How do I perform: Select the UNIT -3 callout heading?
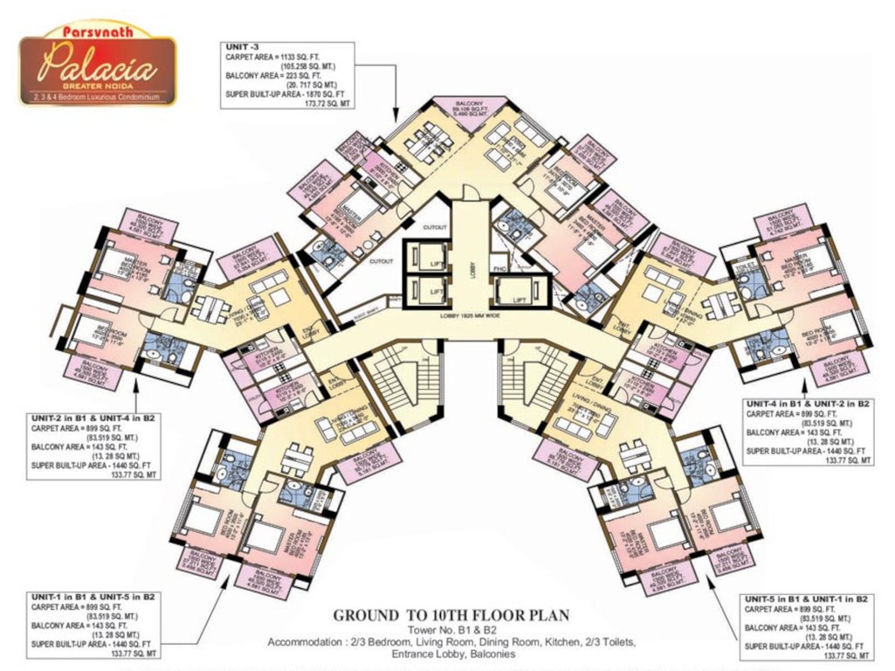242,46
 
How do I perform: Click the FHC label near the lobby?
500,269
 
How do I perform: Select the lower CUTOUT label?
382,261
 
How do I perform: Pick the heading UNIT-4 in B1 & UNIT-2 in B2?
808,405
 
